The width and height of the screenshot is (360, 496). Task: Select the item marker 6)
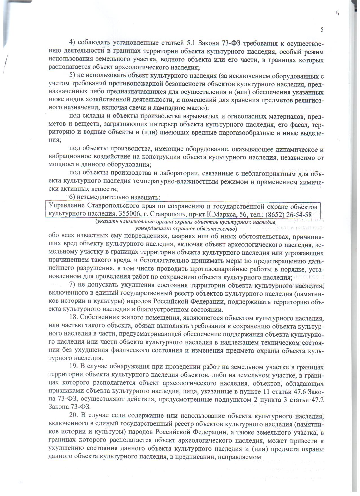click(x=74, y=197)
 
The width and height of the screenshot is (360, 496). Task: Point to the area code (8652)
click(x=268, y=215)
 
